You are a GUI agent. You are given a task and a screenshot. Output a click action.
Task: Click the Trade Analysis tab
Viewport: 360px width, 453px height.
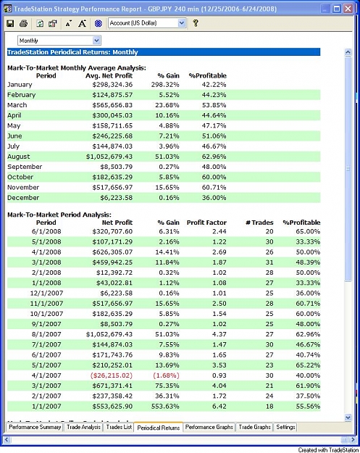tap(84, 427)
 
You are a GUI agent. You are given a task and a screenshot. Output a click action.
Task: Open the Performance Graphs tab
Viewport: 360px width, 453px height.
tap(209, 427)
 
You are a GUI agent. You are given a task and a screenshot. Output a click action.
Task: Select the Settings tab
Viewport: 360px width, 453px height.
tap(285, 427)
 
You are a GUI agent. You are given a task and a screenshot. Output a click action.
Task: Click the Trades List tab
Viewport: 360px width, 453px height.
tap(119, 427)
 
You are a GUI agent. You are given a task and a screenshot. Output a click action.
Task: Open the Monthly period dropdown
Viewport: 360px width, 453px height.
tap(59, 41)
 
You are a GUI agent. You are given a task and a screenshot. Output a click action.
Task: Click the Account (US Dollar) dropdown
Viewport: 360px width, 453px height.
tap(147, 23)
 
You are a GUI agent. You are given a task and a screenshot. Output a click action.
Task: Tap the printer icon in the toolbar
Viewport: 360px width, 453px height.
tap(23, 23)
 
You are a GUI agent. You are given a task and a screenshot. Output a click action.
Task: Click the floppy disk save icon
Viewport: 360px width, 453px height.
tap(10, 23)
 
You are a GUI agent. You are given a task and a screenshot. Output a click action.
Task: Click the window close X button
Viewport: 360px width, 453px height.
tap(348, 9)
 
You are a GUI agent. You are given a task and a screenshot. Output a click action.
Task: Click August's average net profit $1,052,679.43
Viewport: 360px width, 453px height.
tap(109, 157)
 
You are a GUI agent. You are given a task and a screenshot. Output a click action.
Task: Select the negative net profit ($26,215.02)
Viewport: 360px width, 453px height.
tap(112, 375)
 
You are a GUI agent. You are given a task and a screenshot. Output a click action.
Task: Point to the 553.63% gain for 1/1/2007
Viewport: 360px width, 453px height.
tap(165, 406)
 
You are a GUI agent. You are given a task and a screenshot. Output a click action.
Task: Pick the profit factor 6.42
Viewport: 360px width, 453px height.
tap(219, 406)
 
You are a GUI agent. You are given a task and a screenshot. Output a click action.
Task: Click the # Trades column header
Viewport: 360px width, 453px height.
tap(259, 223)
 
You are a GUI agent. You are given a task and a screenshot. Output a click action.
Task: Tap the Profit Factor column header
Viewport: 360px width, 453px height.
tap(206, 223)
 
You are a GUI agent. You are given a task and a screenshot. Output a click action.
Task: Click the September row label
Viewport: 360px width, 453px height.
tap(25, 167)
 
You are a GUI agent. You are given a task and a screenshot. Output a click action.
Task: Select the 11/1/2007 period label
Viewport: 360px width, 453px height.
tap(46, 304)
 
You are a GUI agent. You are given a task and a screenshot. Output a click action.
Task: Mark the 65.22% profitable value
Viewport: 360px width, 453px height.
tap(308, 365)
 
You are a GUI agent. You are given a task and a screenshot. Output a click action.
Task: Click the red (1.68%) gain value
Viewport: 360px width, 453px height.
tap(166, 375)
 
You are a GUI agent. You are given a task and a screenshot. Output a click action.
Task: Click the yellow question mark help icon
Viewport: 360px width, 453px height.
tap(196, 23)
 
